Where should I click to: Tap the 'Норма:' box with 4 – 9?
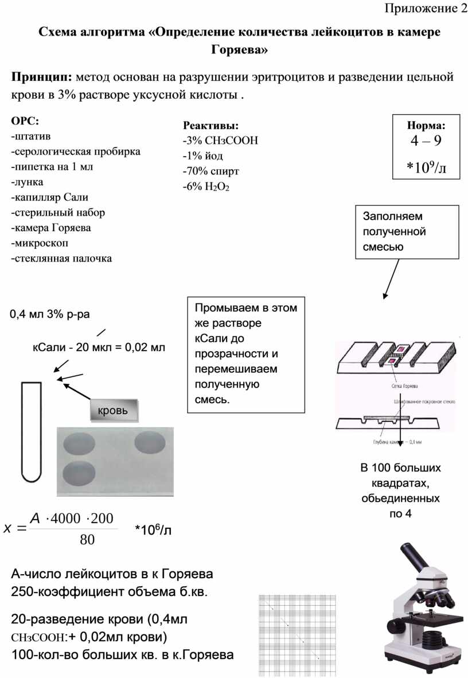pos(426,146)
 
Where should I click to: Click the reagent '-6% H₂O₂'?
pos(205,186)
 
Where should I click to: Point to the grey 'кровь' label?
pos(114,410)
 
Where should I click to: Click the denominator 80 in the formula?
pos(87,540)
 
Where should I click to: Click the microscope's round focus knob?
pos(396,626)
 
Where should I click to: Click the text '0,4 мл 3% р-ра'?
pos(49,314)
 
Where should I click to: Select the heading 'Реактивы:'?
pos(210,126)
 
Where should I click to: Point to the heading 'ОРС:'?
pos(26,121)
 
